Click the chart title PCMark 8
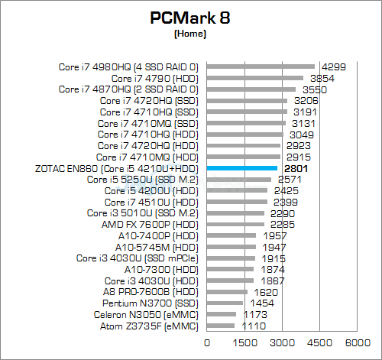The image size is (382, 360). point(190,18)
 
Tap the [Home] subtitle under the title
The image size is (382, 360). point(190,34)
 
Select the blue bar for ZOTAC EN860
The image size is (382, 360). point(241,167)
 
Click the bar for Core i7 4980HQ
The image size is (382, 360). point(261,66)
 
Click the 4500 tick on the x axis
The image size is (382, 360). point(320,345)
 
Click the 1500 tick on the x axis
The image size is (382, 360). point(244,345)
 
